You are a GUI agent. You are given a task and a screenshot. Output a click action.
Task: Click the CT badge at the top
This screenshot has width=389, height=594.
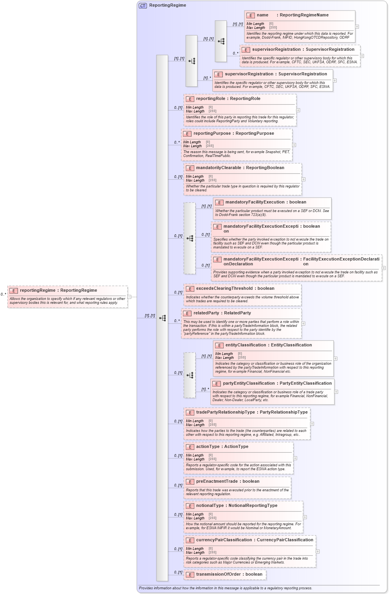[x=143, y=5]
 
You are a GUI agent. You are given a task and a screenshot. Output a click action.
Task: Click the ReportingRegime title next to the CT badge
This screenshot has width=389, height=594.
[x=167, y=5]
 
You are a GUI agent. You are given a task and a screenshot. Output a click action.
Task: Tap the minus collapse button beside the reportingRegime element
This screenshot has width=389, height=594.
[x=129, y=297]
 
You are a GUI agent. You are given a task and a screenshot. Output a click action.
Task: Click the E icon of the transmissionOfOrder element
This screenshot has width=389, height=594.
[x=190, y=575]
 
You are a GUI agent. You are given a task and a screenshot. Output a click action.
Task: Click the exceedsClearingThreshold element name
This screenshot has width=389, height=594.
[x=224, y=289]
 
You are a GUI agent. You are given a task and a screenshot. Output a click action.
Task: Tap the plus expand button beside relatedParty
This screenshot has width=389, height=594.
[x=303, y=323]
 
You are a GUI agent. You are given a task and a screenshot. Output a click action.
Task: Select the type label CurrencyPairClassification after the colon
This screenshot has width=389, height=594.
[x=285, y=540]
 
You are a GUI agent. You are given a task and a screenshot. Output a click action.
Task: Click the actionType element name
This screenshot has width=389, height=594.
[x=208, y=447]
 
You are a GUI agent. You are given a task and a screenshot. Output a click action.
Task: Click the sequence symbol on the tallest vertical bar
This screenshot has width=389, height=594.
[x=162, y=318]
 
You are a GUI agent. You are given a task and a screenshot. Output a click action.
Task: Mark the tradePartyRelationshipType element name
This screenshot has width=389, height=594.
[x=225, y=412]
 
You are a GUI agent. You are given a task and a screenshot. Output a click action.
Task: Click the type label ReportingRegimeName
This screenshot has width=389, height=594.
[x=304, y=15]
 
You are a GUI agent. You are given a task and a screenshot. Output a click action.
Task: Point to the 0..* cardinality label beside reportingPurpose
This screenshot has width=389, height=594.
[x=177, y=143]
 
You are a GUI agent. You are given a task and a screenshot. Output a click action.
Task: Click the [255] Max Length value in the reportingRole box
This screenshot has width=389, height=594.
[x=212, y=111]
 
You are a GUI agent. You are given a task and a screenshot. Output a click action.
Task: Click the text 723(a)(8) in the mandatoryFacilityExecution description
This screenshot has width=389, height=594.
[x=258, y=215]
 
